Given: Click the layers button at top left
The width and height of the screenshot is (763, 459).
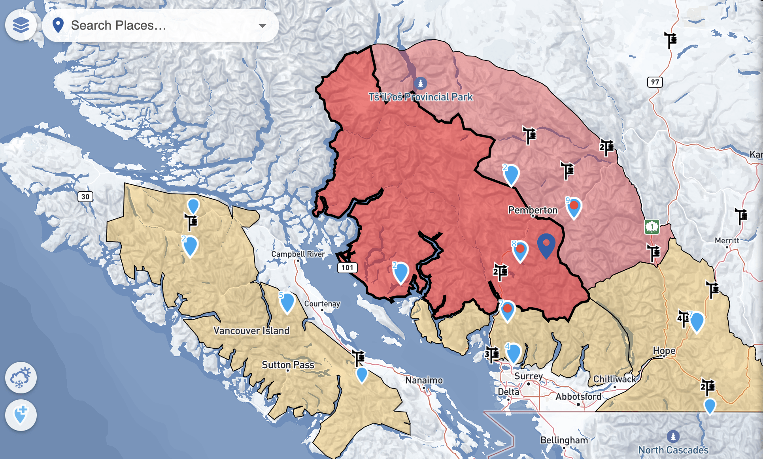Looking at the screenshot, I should (x=21, y=25).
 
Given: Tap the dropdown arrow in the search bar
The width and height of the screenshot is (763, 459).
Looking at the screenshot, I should (x=262, y=26).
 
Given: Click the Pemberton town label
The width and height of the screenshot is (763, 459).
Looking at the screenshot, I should (x=533, y=210).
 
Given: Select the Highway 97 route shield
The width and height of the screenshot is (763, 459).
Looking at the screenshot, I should (x=655, y=82).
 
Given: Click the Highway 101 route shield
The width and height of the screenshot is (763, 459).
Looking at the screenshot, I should (x=347, y=267).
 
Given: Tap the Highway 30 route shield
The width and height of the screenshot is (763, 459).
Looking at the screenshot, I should (x=85, y=197).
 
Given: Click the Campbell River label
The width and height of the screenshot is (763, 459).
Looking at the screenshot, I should (x=298, y=254).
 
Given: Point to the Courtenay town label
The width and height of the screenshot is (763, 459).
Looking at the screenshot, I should (x=322, y=304).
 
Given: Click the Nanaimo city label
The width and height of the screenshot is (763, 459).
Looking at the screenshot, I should (x=424, y=380).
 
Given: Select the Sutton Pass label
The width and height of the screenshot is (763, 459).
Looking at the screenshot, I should (x=288, y=365).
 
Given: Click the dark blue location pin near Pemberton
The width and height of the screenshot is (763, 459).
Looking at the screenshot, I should (x=546, y=245).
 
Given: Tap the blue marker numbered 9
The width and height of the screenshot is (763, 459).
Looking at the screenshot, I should (x=574, y=207).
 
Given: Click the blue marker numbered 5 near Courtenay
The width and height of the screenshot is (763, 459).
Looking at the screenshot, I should (x=287, y=302).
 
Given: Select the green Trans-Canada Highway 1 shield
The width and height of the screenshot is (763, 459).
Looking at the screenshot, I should (x=652, y=227).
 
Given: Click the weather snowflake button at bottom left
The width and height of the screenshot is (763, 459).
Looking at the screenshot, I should (x=21, y=377).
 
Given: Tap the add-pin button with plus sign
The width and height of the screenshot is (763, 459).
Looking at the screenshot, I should (x=21, y=415).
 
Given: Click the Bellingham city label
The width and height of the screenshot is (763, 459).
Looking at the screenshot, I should (x=564, y=440).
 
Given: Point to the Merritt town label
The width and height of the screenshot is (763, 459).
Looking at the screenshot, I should (x=727, y=241).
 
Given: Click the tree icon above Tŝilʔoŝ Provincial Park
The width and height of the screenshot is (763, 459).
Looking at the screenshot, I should (x=420, y=83).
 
